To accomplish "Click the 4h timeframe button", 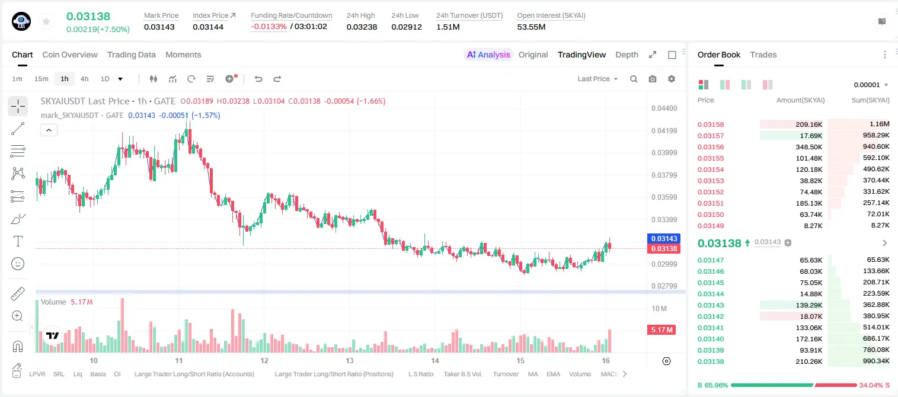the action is coord(84,79).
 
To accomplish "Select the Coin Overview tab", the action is coord(70,55).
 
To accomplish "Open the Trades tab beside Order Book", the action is coord(763,55).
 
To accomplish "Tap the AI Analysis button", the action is coord(488,55).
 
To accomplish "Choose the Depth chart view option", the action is coord(627,55).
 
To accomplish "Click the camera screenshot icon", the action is coord(653,79).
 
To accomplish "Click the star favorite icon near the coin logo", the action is coord(46,22).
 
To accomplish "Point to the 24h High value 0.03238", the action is coord(362,27).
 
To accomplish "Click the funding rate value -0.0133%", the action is coord(269,27).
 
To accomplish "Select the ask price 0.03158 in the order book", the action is coord(710,124).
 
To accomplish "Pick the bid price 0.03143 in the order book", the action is coord(710,305).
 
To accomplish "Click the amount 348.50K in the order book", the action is coord(808,147).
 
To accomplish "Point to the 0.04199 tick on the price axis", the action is coord(664,130).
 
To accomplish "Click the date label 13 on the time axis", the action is coord(350,360).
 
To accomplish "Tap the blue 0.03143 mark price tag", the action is coord(664,238).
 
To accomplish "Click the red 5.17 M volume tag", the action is coord(661,329).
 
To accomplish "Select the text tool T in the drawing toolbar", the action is coord(18,241).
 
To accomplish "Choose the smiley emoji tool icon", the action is coord(18,264).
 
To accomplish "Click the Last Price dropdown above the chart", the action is coord(597,79).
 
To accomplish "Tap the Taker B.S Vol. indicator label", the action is coord(462,374).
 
